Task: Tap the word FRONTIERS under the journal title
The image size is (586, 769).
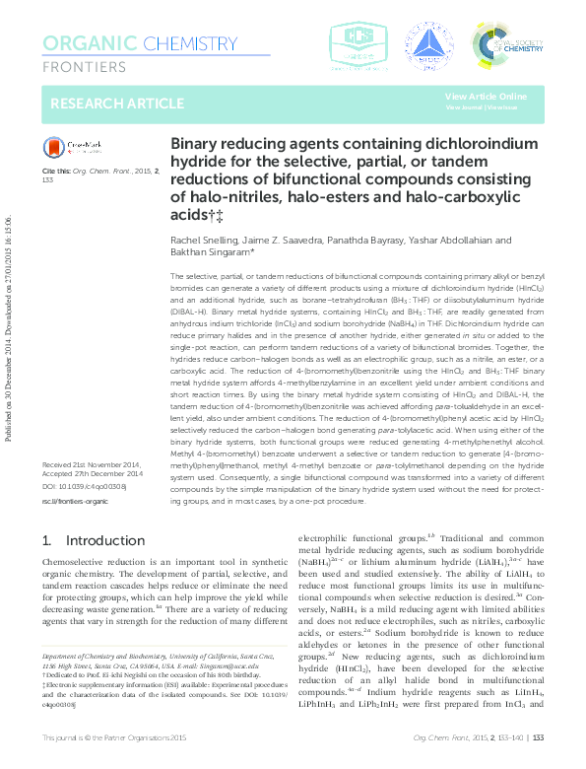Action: point(85,67)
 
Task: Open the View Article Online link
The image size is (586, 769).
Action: point(486,96)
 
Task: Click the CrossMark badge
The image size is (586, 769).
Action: point(73,147)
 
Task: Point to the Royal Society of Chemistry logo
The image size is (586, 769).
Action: point(507,44)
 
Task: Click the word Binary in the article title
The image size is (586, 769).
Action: point(195,144)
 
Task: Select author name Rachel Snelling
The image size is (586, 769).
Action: point(203,240)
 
